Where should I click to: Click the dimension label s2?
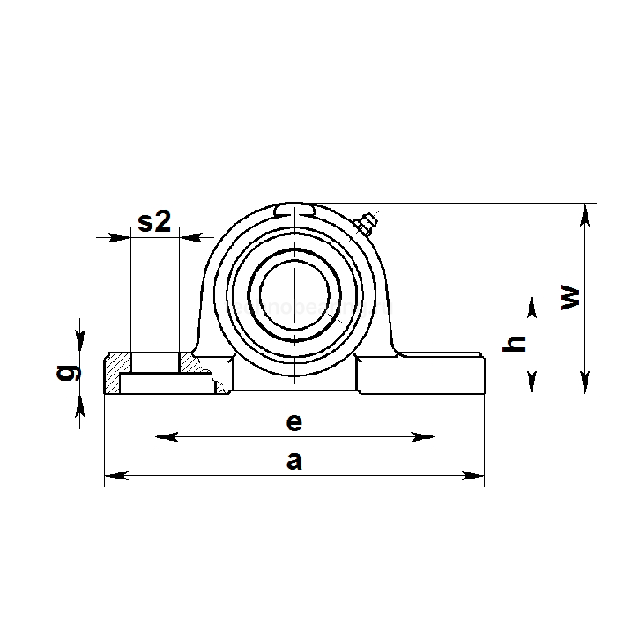point(154,222)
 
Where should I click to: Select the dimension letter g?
point(63,373)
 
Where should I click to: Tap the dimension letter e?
point(294,422)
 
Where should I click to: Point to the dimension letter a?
point(294,461)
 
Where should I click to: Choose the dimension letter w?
point(572,297)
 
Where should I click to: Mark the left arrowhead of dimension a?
point(110,476)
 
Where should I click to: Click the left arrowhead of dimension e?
point(161,436)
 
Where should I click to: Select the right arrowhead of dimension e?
point(429,436)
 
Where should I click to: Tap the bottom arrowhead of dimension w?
point(584,387)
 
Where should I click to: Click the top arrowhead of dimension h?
point(532,302)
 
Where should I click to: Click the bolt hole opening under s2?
point(154,362)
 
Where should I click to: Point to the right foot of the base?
point(423,374)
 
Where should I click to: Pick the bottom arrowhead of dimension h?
point(532,387)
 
